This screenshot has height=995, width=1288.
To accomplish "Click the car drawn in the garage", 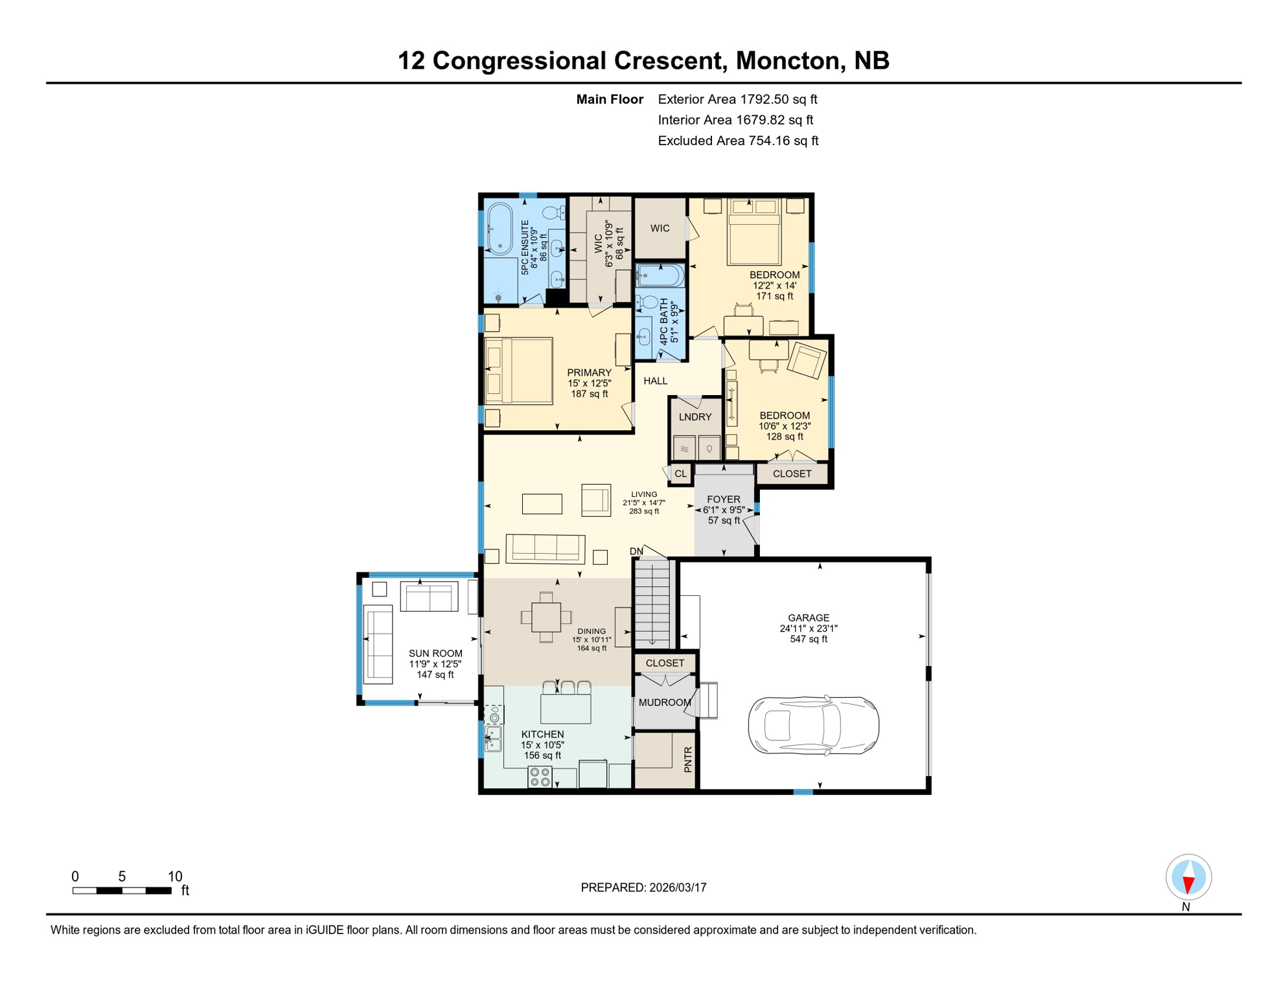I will tap(813, 726).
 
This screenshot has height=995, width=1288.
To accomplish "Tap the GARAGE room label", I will tap(809, 618).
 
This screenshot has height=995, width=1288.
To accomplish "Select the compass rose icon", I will tap(1188, 877).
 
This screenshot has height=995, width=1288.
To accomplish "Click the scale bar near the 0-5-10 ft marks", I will tap(122, 891).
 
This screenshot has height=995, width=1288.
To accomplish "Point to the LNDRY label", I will tap(695, 417).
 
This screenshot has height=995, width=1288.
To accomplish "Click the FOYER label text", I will tap(724, 499).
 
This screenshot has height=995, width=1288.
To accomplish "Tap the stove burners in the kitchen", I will tap(540, 777).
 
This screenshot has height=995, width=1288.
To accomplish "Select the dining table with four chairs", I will tap(546, 617).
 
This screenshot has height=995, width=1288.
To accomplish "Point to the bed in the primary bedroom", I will tap(518, 371).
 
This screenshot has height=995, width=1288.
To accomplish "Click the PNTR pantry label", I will tap(688, 759).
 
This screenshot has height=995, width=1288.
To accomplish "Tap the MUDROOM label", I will tap(665, 702).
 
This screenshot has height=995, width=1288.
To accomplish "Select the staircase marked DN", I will tap(652, 602).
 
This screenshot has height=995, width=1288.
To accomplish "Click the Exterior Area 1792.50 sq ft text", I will tap(737, 99).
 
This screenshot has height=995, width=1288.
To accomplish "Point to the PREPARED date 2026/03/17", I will tap(643, 887).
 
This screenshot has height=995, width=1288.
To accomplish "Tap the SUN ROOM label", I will tap(435, 654).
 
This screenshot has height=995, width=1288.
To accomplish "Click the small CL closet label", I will tap(680, 474).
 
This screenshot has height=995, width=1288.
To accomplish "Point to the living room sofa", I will tap(546, 548).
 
